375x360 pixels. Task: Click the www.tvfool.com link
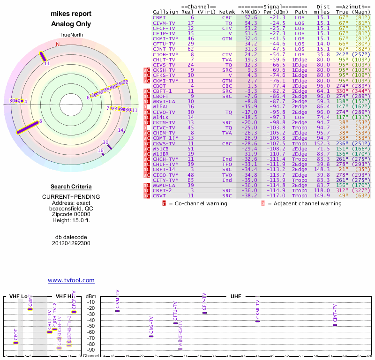(71, 280)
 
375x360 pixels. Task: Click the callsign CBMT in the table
(159, 17)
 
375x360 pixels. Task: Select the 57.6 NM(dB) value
(251, 17)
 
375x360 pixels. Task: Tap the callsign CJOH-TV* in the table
(165, 54)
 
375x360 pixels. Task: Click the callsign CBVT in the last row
(159, 195)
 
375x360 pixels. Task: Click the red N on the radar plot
(58, 45)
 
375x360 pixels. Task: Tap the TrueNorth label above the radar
(71, 36)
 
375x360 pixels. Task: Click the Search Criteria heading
(71, 187)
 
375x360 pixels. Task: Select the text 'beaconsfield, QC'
(71, 209)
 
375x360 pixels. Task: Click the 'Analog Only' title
(71, 24)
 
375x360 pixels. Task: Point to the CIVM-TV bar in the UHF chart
(118, 311)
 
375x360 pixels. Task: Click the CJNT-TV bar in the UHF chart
(335, 325)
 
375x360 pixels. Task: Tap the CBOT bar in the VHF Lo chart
(16, 343)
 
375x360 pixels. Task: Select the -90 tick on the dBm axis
(90, 350)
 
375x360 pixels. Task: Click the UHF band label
(236, 296)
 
